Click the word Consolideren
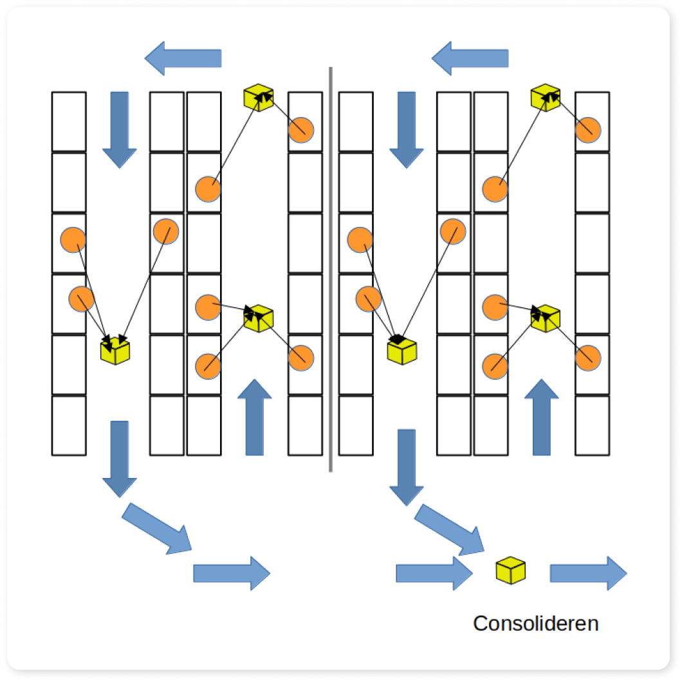point(535,623)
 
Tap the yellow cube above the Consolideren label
point(510,571)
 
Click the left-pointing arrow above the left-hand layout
point(183,59)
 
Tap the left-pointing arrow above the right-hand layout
point(470,59)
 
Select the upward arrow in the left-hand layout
point(255,418)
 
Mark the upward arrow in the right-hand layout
point(542,418)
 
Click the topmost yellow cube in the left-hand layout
point(259,97)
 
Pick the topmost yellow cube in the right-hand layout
point(546,97)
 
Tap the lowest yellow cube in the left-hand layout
point(116,350)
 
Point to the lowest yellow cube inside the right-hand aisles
point(403,350)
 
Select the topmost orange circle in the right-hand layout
point(588,131)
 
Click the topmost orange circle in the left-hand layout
point(301,131)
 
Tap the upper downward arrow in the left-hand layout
point(120,129)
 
